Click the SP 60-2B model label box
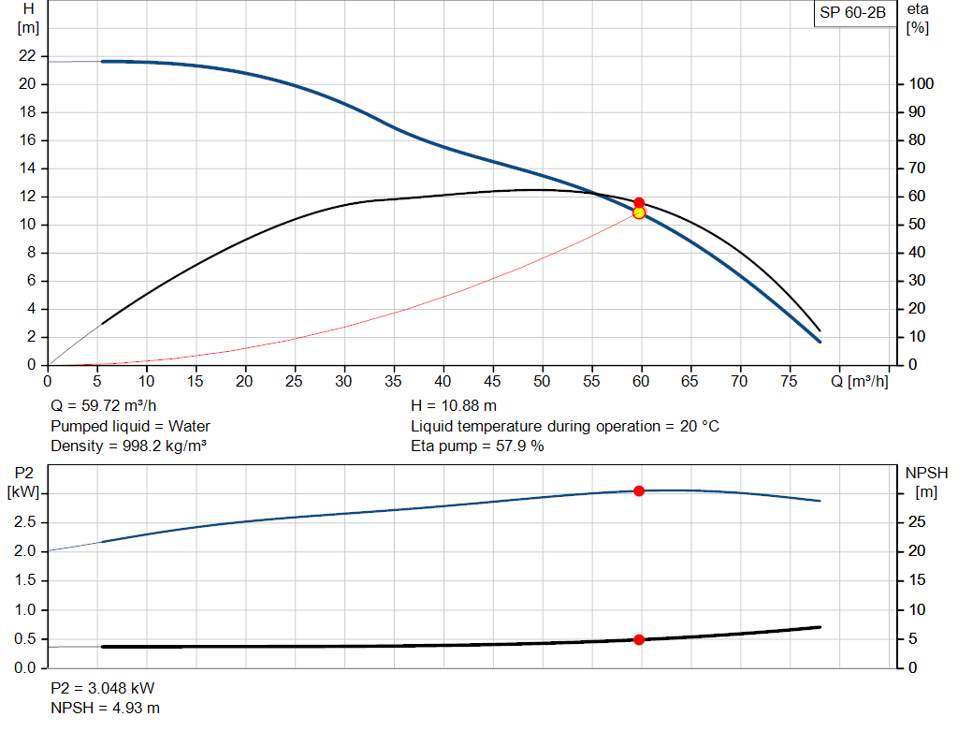(852, 13)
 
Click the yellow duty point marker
(639, 212)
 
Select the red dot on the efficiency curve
(639, 202)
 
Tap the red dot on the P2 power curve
(639, 490)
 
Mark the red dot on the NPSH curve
(639, 639)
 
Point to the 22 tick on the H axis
(28, 56)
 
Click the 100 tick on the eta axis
(920, 84)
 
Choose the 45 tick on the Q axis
(492, 381)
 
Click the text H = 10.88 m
(454, 406)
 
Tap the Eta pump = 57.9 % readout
(477, 446)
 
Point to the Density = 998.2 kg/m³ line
(128, 446)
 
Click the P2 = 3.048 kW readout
(102, 688)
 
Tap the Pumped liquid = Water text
(130, 426)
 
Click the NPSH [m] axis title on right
(926, 482)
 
